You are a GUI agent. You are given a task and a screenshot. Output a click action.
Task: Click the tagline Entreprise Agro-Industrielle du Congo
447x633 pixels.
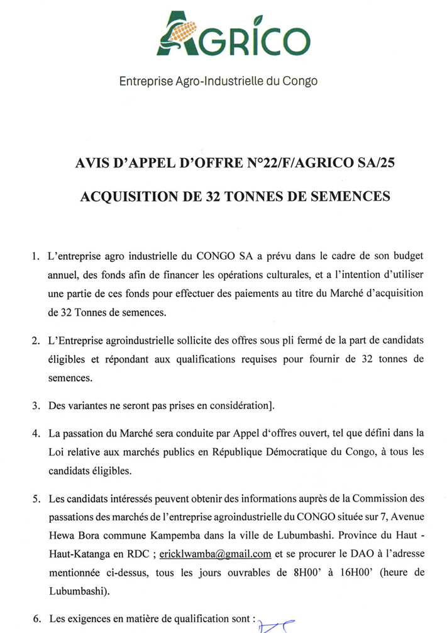[x=219, y=81]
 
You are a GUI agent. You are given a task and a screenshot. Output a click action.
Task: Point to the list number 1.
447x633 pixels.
[x=35, y=257]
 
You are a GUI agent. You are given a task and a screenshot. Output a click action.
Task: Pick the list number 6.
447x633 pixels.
[x=35, y=620]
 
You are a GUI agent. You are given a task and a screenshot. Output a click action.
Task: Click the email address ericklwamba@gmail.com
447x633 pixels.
[x=215, y=554]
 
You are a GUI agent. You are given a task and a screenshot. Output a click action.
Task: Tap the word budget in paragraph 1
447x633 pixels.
[x=407, y=257]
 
